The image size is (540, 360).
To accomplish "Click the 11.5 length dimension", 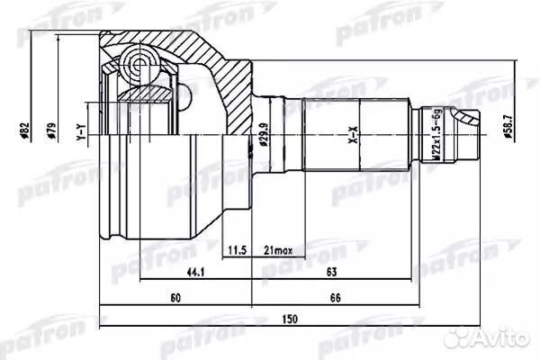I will point(238,249).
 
